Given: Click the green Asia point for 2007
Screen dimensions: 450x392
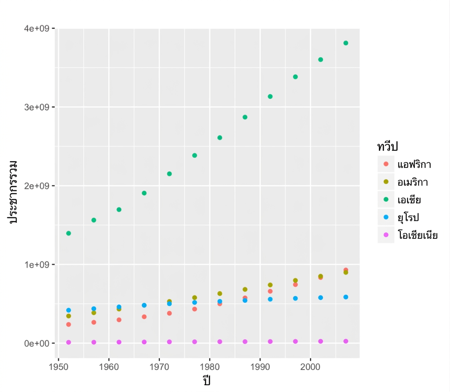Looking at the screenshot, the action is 346,43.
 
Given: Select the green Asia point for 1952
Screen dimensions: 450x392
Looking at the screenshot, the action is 69,233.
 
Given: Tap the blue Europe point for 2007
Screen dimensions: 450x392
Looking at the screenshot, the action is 346,297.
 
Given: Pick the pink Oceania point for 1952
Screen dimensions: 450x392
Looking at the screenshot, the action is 69,342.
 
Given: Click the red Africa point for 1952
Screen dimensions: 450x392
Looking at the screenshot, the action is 69,324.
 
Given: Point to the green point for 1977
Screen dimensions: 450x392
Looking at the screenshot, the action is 195,155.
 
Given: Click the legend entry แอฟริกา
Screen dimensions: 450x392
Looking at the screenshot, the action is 414,164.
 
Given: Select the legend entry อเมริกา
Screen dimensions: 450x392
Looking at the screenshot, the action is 413,182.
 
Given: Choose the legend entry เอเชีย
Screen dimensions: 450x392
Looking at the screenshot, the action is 409,199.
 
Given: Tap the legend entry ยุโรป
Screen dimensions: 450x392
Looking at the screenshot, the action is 408,218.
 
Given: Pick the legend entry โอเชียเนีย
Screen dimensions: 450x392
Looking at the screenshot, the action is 418,235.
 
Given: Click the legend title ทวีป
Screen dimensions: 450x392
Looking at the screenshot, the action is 387,147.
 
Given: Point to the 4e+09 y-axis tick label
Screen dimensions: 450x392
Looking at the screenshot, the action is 37,28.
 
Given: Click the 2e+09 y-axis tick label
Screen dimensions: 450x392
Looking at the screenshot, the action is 37,186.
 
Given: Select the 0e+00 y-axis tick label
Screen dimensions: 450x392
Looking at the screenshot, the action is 37,343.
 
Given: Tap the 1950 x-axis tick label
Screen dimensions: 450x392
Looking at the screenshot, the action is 59,367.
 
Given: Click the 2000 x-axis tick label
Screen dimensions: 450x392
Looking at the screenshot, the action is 310,367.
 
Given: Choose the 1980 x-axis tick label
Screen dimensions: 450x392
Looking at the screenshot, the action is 209,367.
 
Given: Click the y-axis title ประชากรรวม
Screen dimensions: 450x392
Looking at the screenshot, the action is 13,192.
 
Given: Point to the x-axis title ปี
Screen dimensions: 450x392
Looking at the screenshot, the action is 207,380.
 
